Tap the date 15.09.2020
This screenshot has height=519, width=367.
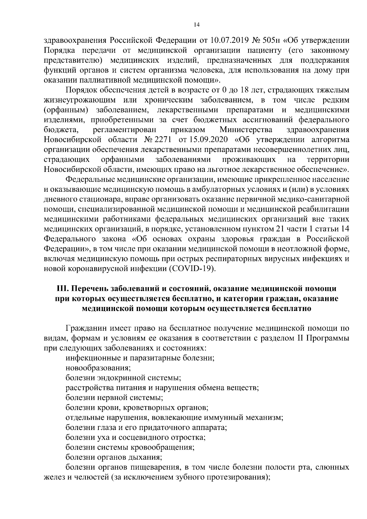click(209, 140)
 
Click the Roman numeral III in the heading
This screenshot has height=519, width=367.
click(63, 289)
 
